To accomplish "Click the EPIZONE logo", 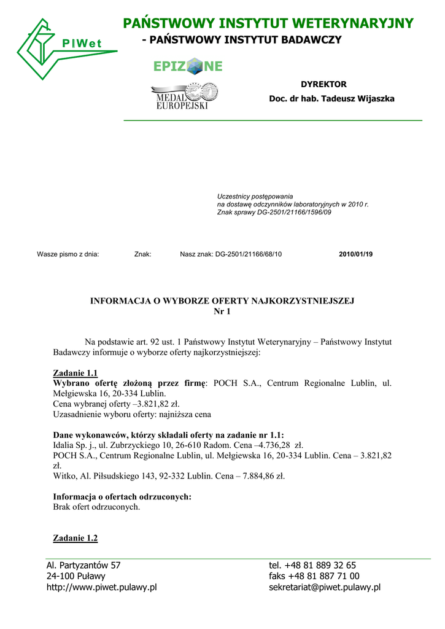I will click(x=188, y=66).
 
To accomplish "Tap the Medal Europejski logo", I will click(x=184, y=96).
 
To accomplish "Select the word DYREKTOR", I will click(x=323, y=84).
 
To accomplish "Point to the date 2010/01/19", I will click(x=355, y=254).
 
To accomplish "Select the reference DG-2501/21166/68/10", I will click(x=248, y=254).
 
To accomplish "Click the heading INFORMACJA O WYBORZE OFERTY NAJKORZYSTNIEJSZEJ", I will click(x=223, y=301).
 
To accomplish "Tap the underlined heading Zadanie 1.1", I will click(x=75, y=373).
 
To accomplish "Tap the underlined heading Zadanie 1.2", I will click(x=75, y=538).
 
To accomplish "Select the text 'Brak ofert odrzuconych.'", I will click(x=97, y=507).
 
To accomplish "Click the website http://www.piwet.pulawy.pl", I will click(x=102, y=587).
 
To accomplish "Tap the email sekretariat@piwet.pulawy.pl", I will click(x=325, y=587).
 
